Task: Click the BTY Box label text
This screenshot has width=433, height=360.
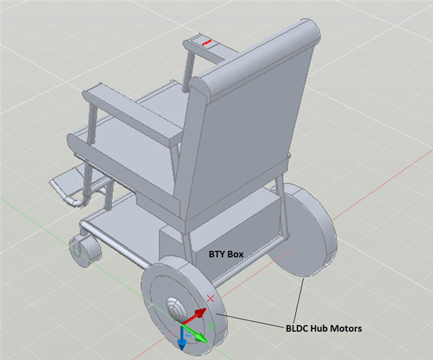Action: pyautogui.click(x=226, y=254)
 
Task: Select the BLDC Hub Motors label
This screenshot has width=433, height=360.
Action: pyautogui.click(x=324, y=329)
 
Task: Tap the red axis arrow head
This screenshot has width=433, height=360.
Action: pyautogui.click(x=201, y=313)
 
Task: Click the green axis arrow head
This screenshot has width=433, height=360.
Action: pyautogui.click(x=202, y=338)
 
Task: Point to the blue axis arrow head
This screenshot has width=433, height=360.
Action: pyautogui.click(x=181, y=345)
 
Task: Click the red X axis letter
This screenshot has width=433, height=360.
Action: pyautogui.click(x=211, y=298)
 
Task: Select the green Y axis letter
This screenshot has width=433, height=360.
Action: pyautogui.click(x=211, y=326)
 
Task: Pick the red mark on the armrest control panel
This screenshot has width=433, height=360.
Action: pyautogui.click(x=206, y=43)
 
